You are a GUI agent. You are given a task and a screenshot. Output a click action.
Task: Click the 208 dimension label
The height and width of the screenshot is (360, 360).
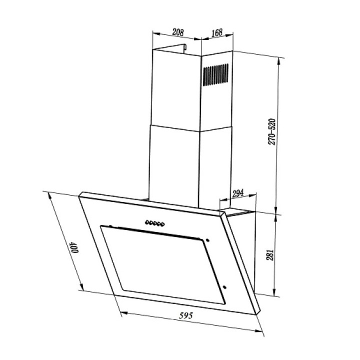click(178, 32)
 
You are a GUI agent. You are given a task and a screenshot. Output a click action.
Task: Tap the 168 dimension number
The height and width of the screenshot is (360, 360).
click(217, 33)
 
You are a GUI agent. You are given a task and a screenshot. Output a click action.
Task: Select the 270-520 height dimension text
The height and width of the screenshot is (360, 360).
click(271, 131)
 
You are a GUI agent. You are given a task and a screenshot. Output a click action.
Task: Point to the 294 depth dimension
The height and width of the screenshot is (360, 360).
click(238, 193)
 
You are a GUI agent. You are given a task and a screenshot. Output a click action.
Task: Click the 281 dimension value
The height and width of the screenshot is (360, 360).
click(270, 255)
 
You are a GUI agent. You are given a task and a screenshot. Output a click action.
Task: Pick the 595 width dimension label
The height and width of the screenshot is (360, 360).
click(186, 315)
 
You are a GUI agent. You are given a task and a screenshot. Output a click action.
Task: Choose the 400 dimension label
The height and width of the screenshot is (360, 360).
click(74, 247)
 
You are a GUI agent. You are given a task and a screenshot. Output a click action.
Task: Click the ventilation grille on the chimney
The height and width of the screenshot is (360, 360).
click(215, 75)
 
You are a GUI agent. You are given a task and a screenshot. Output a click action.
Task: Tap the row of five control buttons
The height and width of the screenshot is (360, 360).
click(155, 223)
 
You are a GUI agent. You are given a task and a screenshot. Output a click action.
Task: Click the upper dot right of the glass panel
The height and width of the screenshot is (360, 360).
click(207, 240)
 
